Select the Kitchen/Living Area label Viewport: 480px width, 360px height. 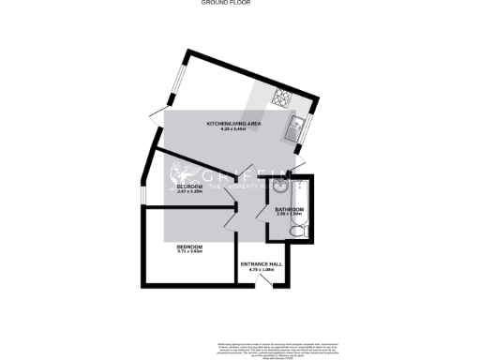pyautogui.click(x=232, y=123)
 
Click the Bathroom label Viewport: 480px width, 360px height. pyautogui.click(x=289, y=208)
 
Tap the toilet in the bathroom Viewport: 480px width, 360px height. pyautogui.click(x=296, y=231)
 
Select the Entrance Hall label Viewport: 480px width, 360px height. pyautogui.click(x=262, y=264)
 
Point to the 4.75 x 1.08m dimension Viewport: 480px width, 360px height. pyautogui.click(x=262, y=270)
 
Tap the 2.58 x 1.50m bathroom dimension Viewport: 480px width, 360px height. pyautogui.click(x=289, y=214)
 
